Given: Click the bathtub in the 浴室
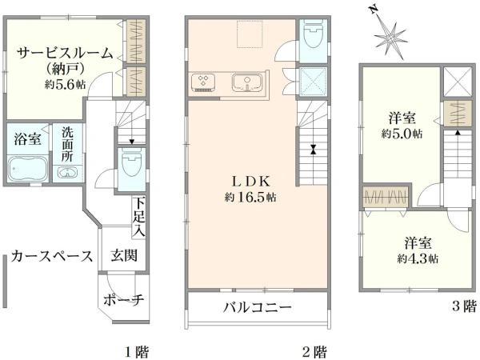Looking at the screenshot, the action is [x=28, y=168].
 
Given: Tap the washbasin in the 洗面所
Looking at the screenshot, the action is [x=67, y=173].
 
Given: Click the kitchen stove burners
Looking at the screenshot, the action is [x=203, y=82].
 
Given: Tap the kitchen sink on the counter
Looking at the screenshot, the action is [x=247, y=82].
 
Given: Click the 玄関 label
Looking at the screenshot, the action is [x=124, y=255].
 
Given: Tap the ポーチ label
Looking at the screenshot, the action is [x=124, y=300].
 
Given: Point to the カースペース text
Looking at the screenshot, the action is [x=52, y=256].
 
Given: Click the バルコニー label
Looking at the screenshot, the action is [x=258, y=307].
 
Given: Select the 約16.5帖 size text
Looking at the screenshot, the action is [x=250, y=198].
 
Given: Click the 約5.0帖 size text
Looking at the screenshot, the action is [x=402, y=134].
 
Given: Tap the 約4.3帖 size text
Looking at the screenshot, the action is [x=418, y=259].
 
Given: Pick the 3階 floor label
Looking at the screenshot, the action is [x=464, y=306].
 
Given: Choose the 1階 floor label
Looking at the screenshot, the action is [x=137, y=352].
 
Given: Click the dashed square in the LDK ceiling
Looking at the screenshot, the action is [x=250, y=34].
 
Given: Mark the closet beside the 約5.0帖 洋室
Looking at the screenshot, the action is [x=458, y=114].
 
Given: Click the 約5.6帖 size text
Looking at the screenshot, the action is [x=66, y=84].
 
